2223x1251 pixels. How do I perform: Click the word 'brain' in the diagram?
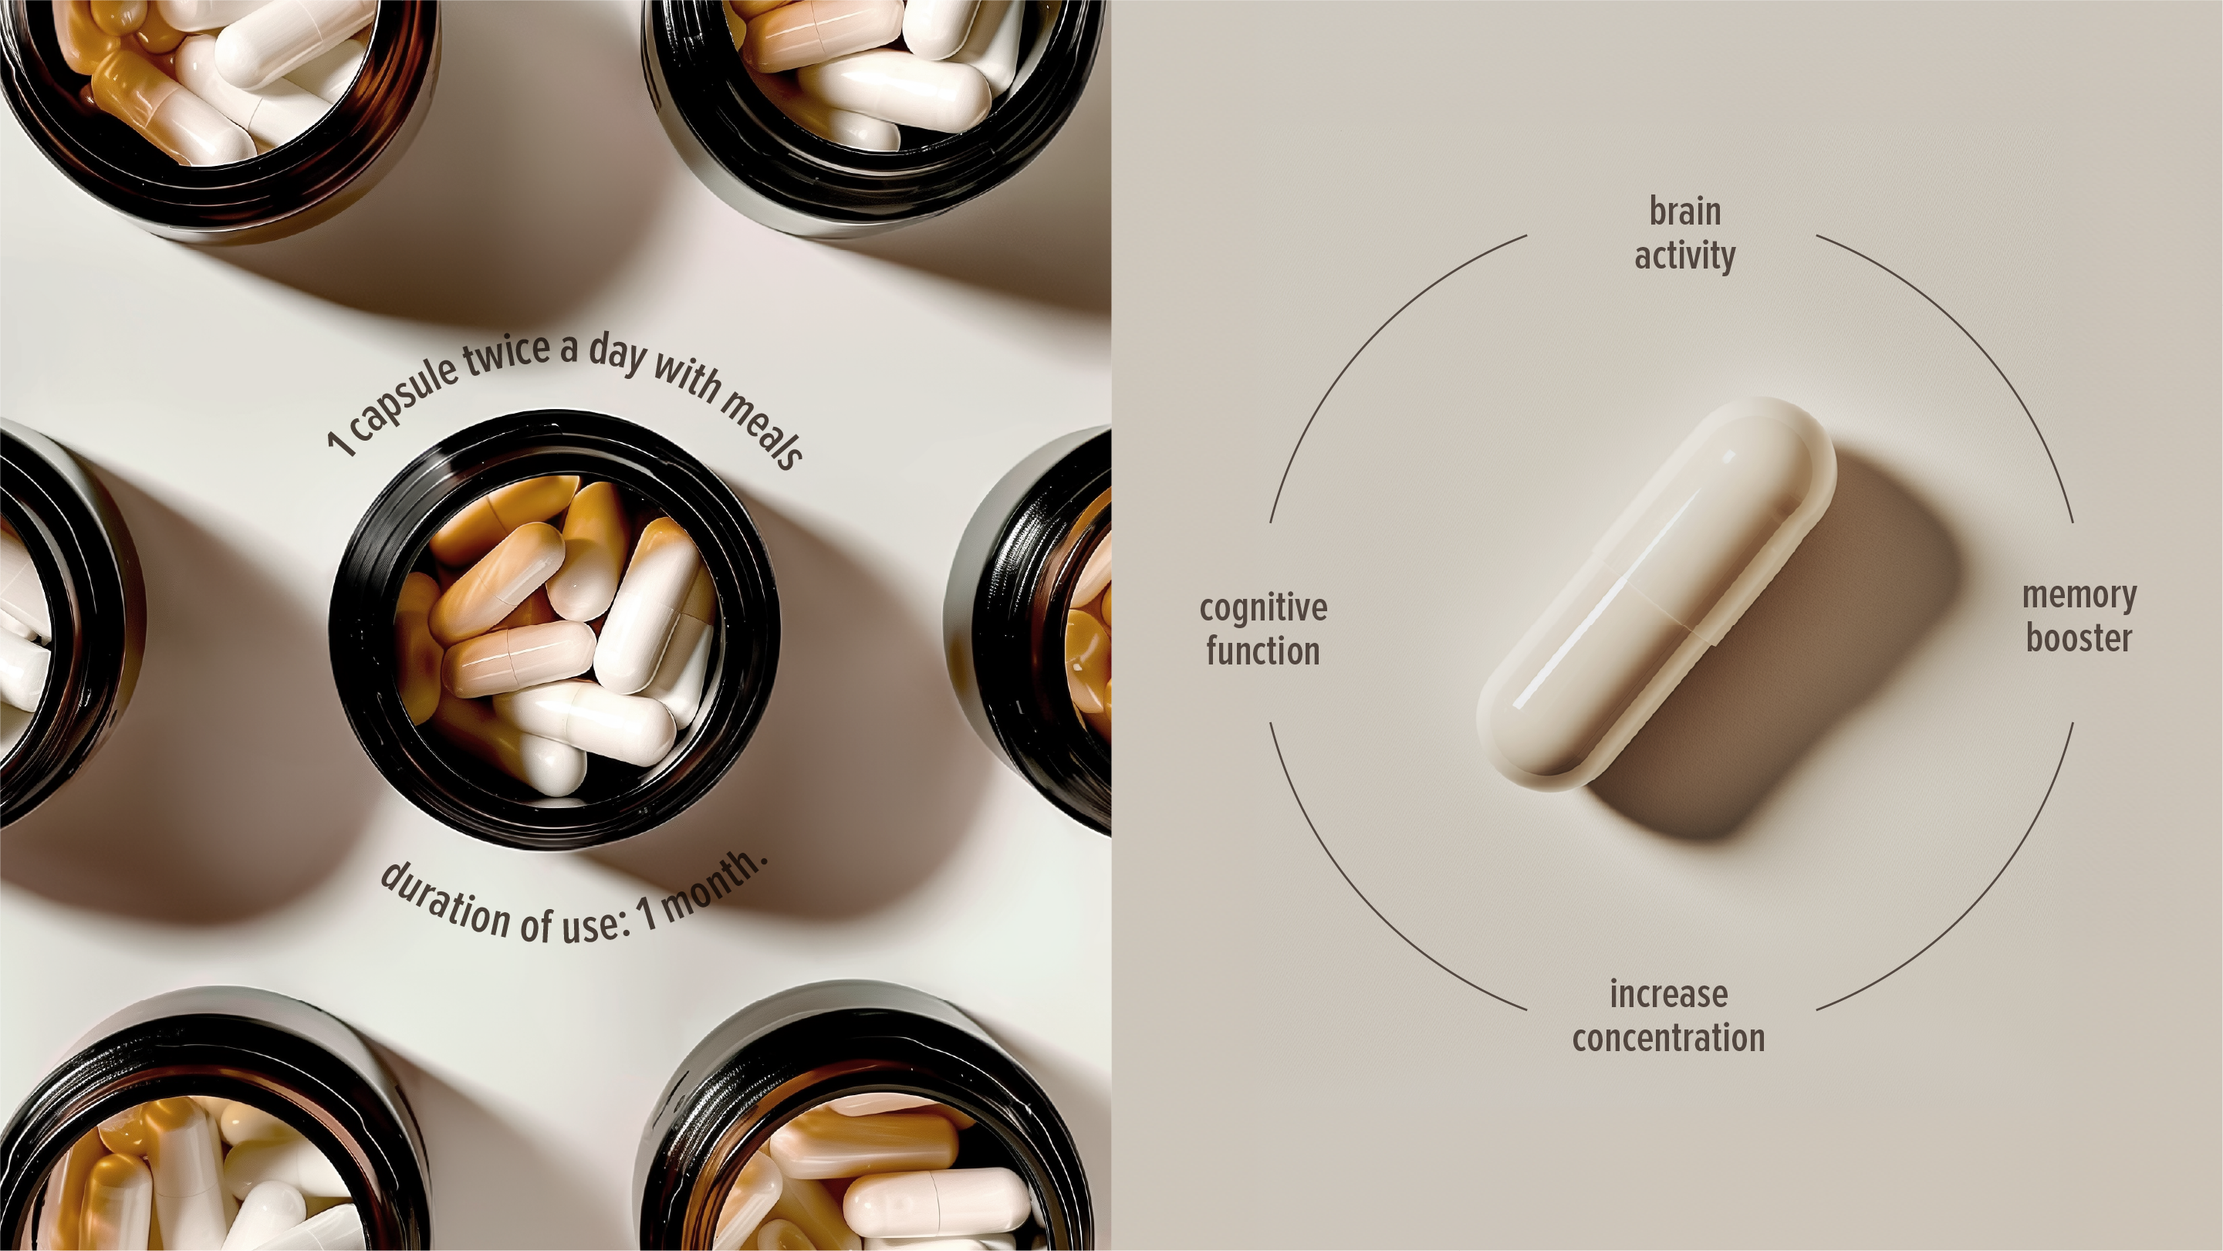[x=1684, y=211]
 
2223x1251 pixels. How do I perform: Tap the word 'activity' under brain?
[x=1684, y=256]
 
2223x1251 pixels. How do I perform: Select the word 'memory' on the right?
[x=2079, y=596]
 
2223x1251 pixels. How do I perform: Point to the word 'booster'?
[x=2079, y=639]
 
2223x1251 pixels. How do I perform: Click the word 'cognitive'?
[x=1263, y=609]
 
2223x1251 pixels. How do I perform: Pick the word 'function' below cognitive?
[x=1263, y=652]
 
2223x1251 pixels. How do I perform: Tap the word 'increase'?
[x=1668, y=995]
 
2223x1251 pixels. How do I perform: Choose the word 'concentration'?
[x=1668, y=1038]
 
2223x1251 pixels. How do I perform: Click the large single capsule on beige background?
[x=1656, y=594]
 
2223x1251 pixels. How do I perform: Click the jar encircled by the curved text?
[x=556, y=631]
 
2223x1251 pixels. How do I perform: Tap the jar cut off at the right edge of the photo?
[x=1031, y=631]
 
